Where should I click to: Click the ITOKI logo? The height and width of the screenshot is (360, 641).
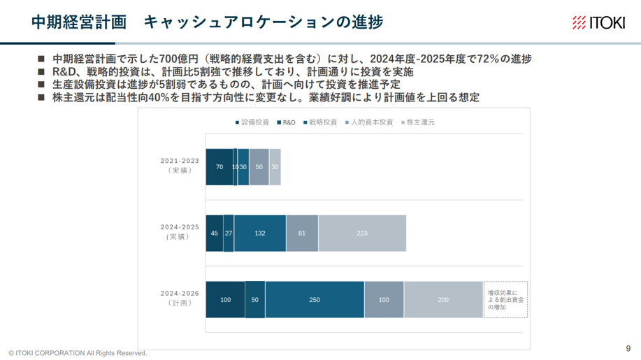[598, 22]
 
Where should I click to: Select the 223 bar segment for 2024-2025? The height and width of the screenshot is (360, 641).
[362, 233]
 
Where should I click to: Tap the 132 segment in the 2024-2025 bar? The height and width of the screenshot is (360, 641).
[260, 233]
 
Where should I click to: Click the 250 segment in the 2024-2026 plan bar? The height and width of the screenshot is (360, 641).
[315, 299]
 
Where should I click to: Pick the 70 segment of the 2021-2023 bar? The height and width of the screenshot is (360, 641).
[219, 167]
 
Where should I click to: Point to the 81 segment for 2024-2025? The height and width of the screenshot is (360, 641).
[302, 233]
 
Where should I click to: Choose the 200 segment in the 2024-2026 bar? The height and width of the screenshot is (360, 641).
[444, 299]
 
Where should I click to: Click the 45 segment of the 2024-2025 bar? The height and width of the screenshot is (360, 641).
[215, 233]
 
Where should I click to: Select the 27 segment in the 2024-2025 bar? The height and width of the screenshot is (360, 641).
[229, 233]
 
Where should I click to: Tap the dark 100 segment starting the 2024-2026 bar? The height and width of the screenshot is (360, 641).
[226, 299]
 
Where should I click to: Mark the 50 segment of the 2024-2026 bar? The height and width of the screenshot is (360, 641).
[255, 299]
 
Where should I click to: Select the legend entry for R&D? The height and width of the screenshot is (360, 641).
[286, 122]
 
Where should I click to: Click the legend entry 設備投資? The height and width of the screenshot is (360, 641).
[252, 122]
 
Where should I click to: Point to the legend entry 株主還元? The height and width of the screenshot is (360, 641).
[418, 122]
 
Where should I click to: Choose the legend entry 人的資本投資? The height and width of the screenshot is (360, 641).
[369, 122]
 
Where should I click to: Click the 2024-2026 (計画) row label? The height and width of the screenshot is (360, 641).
[180, 298]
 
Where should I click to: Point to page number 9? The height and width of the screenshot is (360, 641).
[628, 349]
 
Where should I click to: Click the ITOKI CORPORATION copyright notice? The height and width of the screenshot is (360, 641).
[78, 353]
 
